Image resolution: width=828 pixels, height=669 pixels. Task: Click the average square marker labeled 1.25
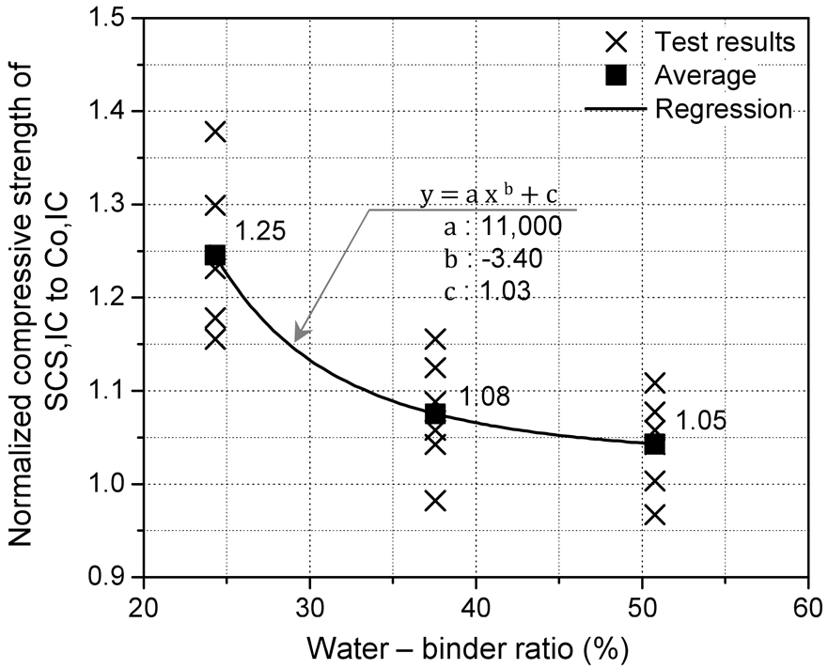[x=215, y=255]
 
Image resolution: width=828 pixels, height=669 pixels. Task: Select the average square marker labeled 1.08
[x=435, y=413]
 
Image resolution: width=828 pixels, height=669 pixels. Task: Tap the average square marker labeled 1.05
[x=655, y=443]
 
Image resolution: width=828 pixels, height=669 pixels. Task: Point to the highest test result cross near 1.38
[x=215, y=132]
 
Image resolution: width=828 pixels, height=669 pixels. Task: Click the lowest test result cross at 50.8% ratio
[x=655, y=515]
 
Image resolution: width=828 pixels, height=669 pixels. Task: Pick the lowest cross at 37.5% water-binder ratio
[x=435, y=500]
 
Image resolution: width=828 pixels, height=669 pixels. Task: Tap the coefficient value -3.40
[x=506, y=258]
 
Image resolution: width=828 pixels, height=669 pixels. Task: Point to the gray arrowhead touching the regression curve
[x=298, y=335]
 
